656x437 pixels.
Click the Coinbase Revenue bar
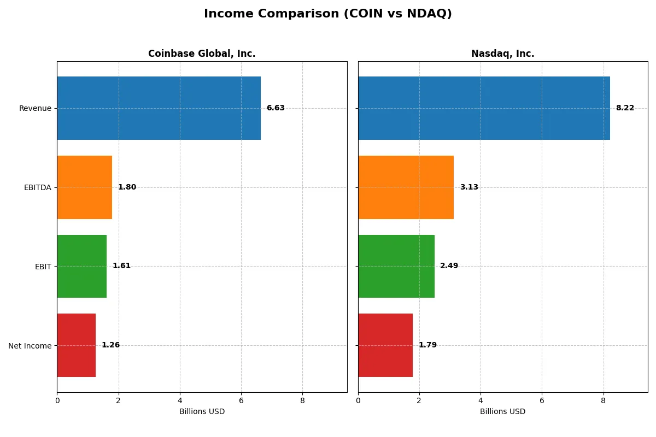pyautogui.click(x=159, y=108)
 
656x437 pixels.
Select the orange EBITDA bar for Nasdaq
pyautogui.click(x=406, y=187)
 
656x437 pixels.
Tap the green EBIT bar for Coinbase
pyautogui.click(x=81, y=266)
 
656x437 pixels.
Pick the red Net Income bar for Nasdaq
pyautogui.click(x=385, y=345)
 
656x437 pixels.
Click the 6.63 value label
pyautogui.click(x=276, y=108)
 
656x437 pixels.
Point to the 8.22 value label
pyautogui.click(x=625, y=108)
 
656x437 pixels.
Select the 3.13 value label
pyautogui.click(x=469, y=187)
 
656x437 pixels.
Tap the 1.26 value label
pyautogui.click(x=110, y=345)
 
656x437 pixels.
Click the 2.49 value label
pyautogui.click(x=449, y=266)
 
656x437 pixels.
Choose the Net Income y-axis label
pyautogui.click(x=30, y=346)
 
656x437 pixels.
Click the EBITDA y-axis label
pyautogui.click(x=38, y=187)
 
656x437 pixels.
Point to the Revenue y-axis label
pyautogui.click(x=35, y=108)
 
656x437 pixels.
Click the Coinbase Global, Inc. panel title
pyautogui.click(x=202, y=54)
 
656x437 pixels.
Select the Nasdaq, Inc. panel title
pyautogui.click(x=502, y=54)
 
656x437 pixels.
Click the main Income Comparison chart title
pyautogui.click(x=328, y=14)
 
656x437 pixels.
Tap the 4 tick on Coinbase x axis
pyautogui.click(x=180, y=400)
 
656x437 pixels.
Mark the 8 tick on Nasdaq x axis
pyautogui.click(x=603, y=400)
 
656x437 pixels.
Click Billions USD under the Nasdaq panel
pyautogui.click(x=502, y=411)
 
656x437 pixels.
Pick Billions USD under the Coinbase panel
pyautogui.click(x=202, y=411)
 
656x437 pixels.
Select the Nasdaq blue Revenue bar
pyautogui.click(x=484, y=108)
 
